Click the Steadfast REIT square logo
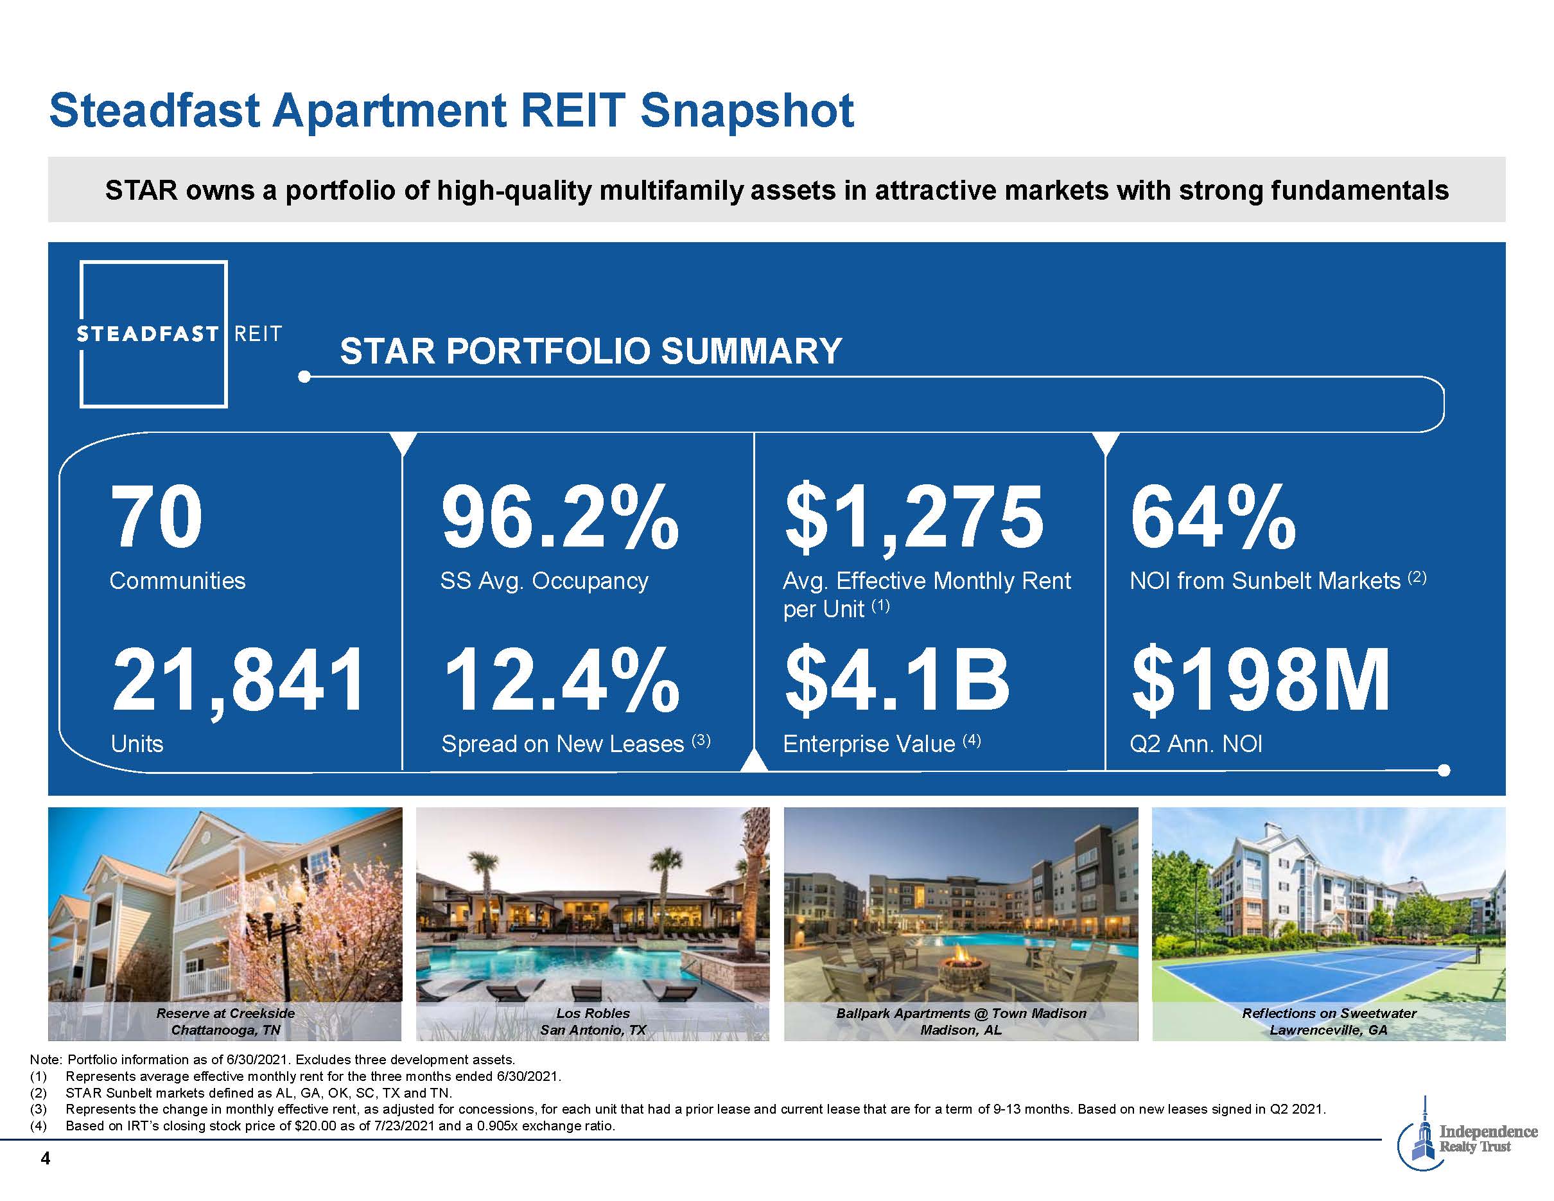click(153, 334)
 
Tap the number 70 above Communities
click(157, 517)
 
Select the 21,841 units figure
click(238, 680)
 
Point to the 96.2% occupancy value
click(560, 517)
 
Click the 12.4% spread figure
click(561, 680)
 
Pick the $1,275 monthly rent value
click(914, 517)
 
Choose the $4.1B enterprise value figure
click(896, 680)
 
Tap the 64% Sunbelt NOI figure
click(1212, 517)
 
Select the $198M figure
click(1260, 680)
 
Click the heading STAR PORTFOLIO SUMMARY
click(591, 351)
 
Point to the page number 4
click(46, 1159)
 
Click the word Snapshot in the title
click(746, 111)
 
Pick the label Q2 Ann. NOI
click(1196, 744)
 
